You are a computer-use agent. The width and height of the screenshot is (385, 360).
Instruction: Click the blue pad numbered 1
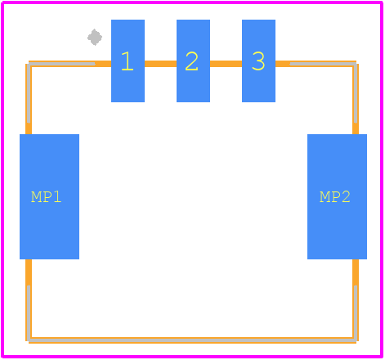(x=128, y=61)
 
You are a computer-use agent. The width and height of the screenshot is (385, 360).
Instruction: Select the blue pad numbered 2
(x=193, y=61)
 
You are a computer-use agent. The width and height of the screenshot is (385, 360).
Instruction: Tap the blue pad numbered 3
(x=258, y=61)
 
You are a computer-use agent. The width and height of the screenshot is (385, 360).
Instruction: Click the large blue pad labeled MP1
(x=49, y=196)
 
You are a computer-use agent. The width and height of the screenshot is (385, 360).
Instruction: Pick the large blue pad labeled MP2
(x=337, y=196)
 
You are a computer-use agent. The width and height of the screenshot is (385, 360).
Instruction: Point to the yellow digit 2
(x=191, y=61)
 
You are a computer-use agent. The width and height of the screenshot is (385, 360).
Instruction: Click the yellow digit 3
(x=258, y=61)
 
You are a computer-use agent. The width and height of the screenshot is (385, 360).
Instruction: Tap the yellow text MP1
(x=46, y=197)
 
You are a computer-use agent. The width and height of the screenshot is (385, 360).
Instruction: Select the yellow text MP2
(x=334, y=197)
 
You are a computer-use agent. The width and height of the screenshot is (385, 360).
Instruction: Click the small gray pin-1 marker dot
(x=95, y=38)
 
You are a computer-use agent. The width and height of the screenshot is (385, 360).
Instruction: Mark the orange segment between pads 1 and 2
(x=160, y=64)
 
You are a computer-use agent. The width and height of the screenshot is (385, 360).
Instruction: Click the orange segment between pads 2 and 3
(x=226, y=64)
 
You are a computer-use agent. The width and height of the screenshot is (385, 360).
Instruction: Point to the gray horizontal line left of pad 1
(x=62, y=64)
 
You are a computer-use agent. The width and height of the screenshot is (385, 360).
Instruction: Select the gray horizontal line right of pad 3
(x=324, y=64)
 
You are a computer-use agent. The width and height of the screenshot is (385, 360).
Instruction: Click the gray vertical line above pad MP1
(x=29, y=93)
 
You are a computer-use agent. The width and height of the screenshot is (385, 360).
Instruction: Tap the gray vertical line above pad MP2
(x=356, y=93)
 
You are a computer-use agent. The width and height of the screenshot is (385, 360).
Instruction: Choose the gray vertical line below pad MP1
(x=29, y=313)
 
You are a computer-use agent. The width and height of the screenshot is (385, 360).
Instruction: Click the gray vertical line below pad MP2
(x=356, y=313)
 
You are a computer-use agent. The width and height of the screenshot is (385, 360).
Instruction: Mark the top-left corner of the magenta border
(x=2, y=2)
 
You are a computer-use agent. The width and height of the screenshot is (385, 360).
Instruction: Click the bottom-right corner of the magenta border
(x=382, y=357)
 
